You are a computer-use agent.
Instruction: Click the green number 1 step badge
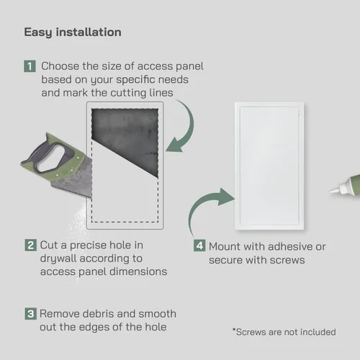[x=30, y=66]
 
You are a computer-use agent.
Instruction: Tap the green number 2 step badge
[x=31, y=245]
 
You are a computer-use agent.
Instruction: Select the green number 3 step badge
[x=31, y=314]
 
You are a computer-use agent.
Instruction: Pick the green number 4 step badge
[x=199, y=246]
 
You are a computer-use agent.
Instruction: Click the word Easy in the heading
[x=38, y=32]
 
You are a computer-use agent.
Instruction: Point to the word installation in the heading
[x=89, y=32]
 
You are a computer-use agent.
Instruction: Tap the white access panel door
[x=269, y=166]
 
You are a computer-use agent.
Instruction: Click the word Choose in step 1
[x=60, y=66]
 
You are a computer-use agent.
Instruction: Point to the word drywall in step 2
[x=58, y=259]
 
